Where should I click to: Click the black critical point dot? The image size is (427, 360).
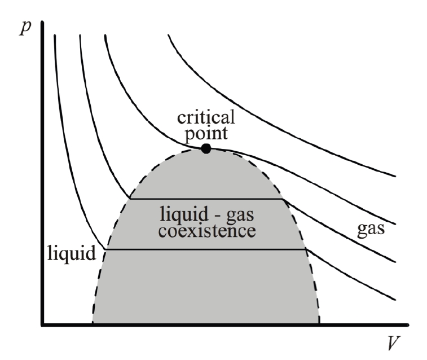206,148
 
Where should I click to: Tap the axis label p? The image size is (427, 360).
24,29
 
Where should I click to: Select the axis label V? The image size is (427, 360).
394,343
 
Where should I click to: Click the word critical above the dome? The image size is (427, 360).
207,120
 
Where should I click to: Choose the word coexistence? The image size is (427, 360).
208,230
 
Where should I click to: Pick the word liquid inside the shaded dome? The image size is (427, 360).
180,216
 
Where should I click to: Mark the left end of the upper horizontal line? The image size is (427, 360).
130,199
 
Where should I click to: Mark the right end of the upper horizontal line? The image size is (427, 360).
281,199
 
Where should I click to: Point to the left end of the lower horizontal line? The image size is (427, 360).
105,249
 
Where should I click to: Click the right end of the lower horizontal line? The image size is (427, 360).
306,249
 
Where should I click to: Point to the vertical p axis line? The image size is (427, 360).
43,169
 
